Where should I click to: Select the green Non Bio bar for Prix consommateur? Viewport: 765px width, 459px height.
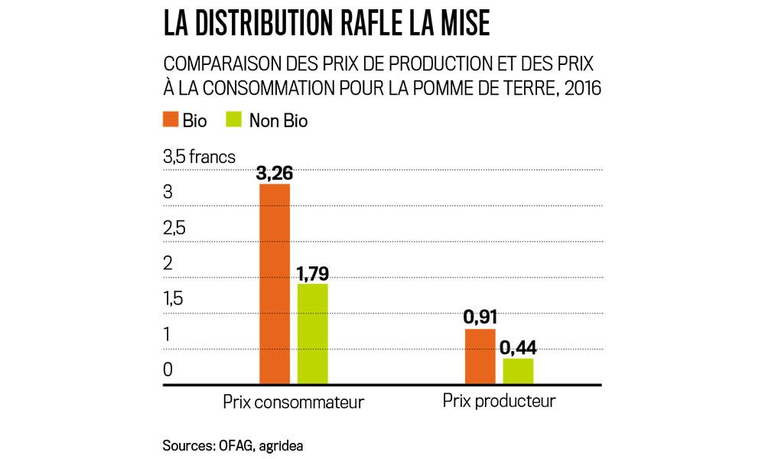312,334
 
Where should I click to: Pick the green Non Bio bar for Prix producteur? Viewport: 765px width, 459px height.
518,371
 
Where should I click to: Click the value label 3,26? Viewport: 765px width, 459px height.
275,174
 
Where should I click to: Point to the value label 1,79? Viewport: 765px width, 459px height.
312,274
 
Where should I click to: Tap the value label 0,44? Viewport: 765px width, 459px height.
518,348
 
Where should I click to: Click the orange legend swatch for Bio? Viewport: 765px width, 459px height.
171,120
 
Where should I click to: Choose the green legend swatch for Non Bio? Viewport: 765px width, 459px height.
235,120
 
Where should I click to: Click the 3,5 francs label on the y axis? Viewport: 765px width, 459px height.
199,158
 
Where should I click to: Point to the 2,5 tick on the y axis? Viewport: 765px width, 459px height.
174,229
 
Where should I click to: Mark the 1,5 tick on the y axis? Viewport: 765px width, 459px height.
174,299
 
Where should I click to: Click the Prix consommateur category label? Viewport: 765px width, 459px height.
293,402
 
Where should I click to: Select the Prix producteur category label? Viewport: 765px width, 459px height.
499,402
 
